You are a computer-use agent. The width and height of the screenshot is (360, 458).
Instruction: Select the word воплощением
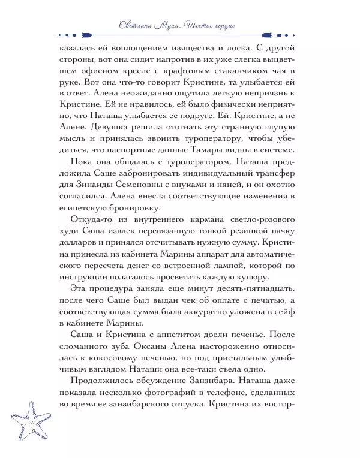point(122,47)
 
